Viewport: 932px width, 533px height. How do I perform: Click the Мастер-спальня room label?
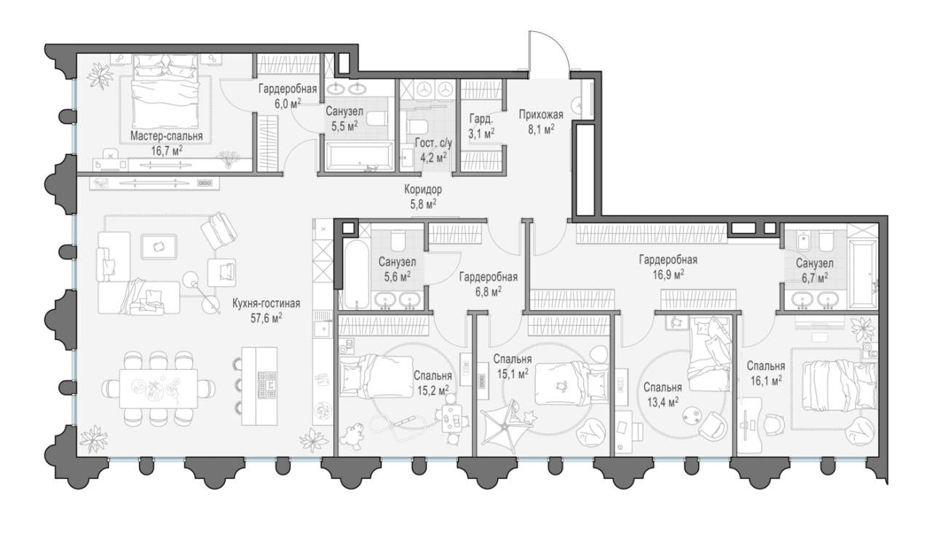click(x=167, y=136)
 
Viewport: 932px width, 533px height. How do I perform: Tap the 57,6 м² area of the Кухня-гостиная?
click(x=266, y=318)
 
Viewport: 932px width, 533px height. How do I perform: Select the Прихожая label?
click(x=541, y=114)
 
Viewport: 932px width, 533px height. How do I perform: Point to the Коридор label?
click(x=423, y=190)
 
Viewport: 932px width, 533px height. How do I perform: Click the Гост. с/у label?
click(x=433, y=143)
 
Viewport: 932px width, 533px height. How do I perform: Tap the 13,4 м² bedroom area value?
click(x=663, y=401)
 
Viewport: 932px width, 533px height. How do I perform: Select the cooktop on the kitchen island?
click(x=266, y=385)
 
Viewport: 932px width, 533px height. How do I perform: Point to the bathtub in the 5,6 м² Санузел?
click(x=356, y=275)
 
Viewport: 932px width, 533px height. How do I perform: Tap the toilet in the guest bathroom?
click(x=416, y=127)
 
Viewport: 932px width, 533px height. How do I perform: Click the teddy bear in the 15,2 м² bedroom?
click(x=352, y=437)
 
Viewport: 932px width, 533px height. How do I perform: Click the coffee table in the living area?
click(x=159, y=247)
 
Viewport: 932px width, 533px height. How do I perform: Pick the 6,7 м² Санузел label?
click(x=815, y=270)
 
